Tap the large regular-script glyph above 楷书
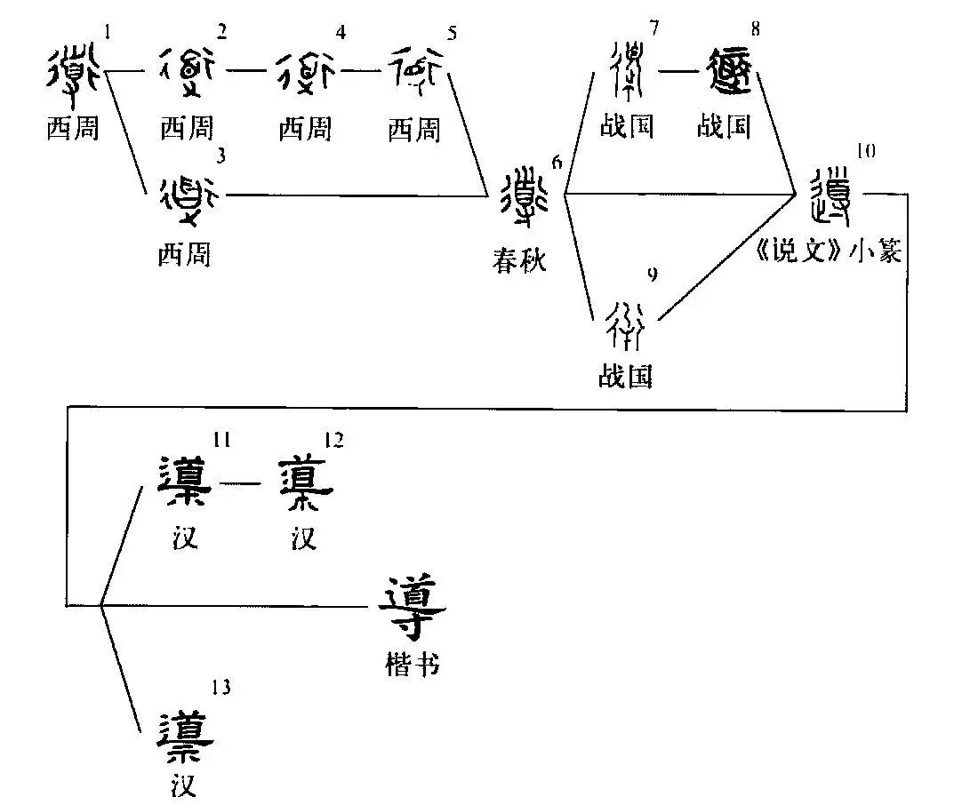tap(411, 607)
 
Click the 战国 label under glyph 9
tap(626, 377)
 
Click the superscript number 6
tap(557, 162)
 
